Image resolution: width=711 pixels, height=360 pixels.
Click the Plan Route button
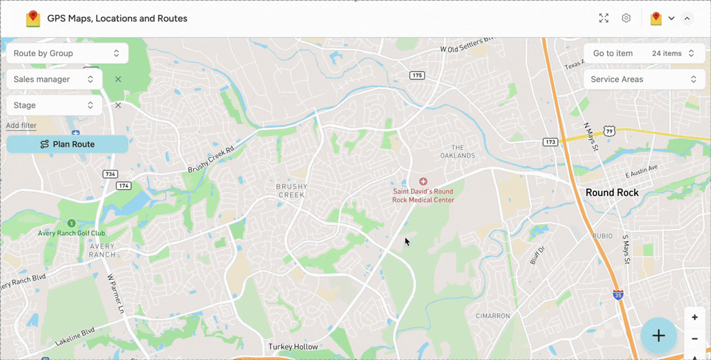click(67, 144)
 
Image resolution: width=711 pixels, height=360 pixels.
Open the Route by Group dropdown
click(67, 53)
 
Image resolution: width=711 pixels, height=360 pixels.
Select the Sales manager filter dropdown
click(54, 79)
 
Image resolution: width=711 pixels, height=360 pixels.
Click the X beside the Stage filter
click(118, 105)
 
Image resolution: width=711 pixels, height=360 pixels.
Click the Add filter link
click(21, 125)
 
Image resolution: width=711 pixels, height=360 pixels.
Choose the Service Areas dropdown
click(643, 79)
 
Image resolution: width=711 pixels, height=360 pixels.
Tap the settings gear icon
click(626, 18)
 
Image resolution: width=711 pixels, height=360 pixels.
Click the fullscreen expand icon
click(604, 18)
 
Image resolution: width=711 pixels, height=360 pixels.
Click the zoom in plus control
click(694, 318)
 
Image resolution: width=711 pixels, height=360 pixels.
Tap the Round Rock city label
click(612, 192)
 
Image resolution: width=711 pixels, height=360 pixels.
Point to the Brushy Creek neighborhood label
click(292, 191)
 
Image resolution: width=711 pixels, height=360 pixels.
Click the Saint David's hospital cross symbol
click(423, 181)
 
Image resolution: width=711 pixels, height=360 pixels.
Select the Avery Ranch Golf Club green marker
click(71, 223)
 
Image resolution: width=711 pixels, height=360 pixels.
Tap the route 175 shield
click(418, 75)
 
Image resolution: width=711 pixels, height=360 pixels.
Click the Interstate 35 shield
click(618, 294)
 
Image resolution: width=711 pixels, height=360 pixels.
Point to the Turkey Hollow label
click(293, 346)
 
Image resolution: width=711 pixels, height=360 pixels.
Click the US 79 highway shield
click(610, 131)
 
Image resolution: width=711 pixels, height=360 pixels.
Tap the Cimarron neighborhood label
click(493, 316)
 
